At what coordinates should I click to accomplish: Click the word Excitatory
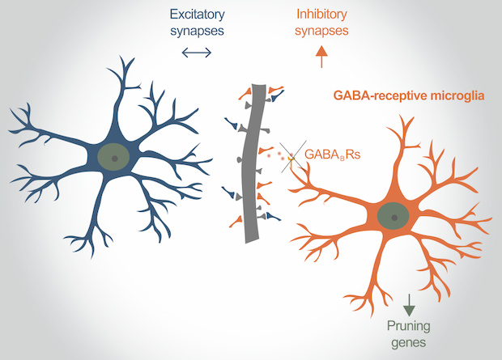(x=195, y=14)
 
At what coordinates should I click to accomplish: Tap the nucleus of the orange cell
(x=394, y=216)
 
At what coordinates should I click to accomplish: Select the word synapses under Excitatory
(x=195, y=31)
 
